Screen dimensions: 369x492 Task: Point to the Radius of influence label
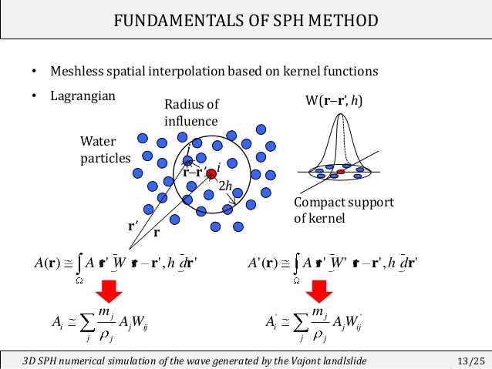[191, 112]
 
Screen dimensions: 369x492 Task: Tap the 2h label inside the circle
[226, 186]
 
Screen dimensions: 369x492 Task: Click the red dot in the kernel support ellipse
[340, 171]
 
